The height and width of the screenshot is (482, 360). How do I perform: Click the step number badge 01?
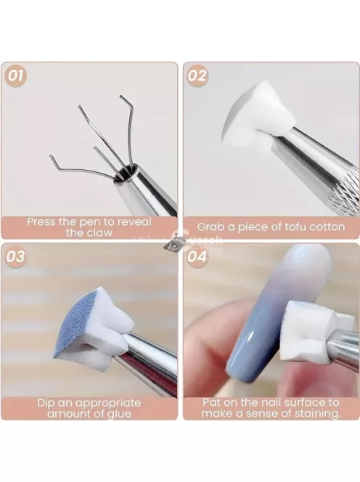point(15,75)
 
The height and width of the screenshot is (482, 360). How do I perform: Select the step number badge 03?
point(15,256)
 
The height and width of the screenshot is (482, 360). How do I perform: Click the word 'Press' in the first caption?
point(43,221)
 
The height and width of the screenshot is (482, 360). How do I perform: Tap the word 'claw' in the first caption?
point(99,232)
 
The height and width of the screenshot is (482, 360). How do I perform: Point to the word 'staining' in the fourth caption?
point(314,413)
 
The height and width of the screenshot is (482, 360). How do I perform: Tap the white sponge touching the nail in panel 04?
point(308,319)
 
